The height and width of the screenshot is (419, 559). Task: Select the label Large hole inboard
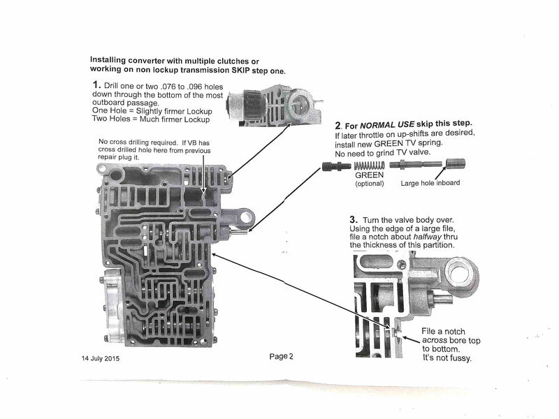pos(430,184)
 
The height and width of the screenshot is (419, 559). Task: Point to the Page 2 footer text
pos(281,356)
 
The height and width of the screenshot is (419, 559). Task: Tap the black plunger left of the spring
pos(336,166)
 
